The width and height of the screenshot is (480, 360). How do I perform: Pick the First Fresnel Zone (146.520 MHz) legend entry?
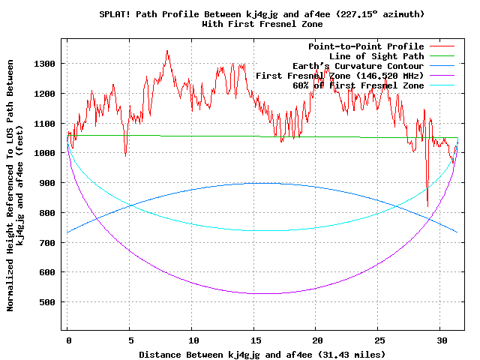click(x=340, y=76)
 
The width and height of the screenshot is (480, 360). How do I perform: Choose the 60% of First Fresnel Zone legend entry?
click(x=358, y=85)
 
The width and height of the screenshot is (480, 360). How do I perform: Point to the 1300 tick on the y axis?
click(x=44, y=64)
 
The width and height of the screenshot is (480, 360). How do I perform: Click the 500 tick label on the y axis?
click(x=47, y=302)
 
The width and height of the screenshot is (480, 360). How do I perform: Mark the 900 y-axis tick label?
click(x=47, y=183)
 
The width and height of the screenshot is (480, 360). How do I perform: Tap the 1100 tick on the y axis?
click(x=44, y=124)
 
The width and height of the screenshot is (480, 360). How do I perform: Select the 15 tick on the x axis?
click(x=254, y=340)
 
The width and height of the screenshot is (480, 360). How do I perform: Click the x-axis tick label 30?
click(x=441, y=340)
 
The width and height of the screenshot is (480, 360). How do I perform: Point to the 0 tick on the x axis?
click(x=67, y=340)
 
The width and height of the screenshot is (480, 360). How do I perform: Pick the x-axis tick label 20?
click(x=316, y=340)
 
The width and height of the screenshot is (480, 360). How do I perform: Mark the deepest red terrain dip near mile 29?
click(x=427, y=206)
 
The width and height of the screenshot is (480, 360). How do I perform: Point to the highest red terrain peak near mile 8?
click(x=166, y=51)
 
